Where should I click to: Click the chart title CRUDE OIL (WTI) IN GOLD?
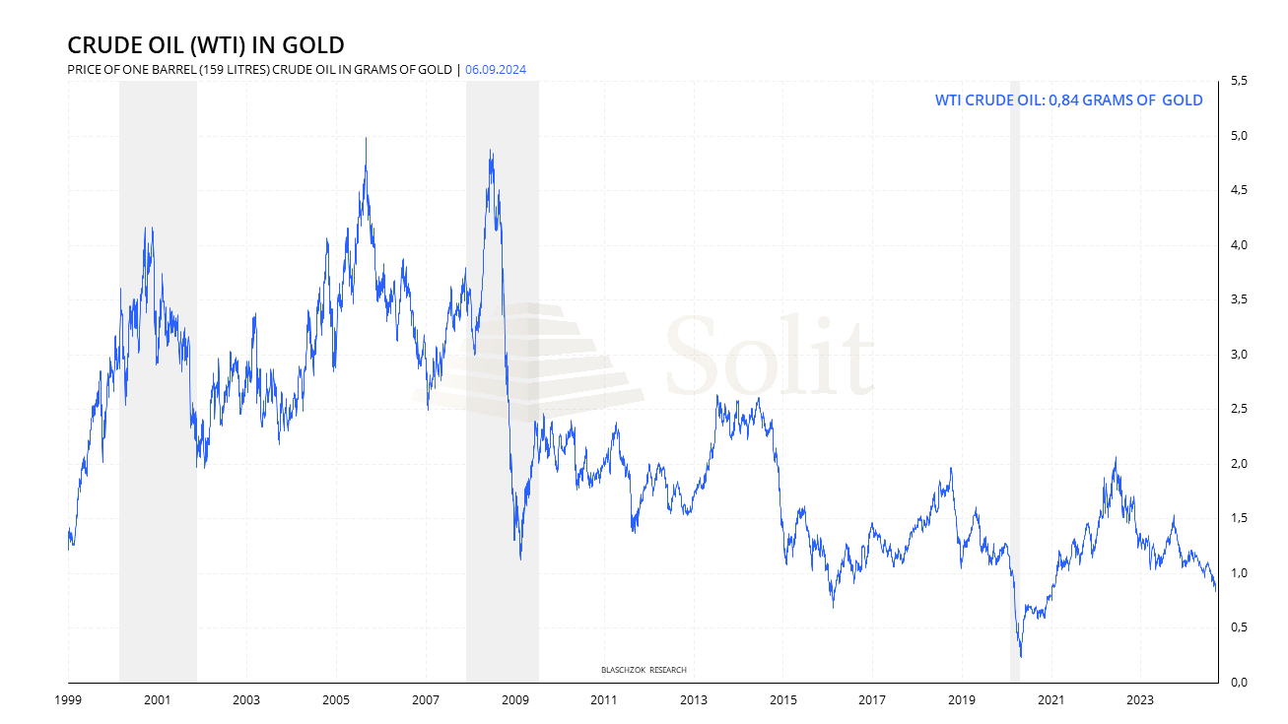(205, 45)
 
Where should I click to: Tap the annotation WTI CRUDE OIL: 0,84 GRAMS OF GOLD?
(1068, 99)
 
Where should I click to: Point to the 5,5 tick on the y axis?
(1239, 81)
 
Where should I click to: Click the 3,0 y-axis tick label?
(1239, 354)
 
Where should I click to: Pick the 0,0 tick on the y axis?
(1239, 682)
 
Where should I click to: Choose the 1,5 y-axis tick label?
(1239, 518)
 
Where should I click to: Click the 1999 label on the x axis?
(68, 700)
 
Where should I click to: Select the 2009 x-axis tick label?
(514, 700)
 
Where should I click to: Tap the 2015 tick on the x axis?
(782, 700)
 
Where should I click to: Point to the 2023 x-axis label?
(1139, 700)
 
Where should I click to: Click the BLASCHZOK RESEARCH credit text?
(644, 670)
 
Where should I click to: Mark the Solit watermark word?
(769, 355)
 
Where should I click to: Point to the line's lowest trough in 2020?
(1020, 656)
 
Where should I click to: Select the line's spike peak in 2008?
(491, 151)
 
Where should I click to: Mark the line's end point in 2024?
(1216, 590)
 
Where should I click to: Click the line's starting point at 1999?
(68, 549)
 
